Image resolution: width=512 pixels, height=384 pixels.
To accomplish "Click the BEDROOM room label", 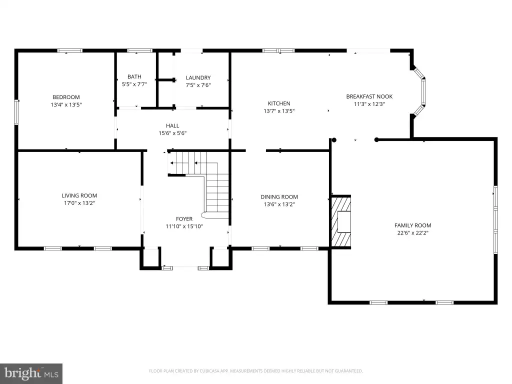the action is coord(66,97).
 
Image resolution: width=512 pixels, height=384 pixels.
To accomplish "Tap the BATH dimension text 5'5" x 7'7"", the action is coord(134,84).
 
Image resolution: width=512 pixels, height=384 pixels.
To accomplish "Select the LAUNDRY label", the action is coord(198,77).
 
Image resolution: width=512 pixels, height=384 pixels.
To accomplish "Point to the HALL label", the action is coord(172,125).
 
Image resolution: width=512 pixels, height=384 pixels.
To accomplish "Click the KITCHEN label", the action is coord(279,103).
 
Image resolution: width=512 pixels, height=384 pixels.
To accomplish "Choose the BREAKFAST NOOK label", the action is coord(369,96).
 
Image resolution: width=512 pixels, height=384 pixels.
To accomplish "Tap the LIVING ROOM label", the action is coord(79,195).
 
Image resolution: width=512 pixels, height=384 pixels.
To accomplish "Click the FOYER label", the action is coord(184,219).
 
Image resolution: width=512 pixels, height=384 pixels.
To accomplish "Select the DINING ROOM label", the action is coord(279,197).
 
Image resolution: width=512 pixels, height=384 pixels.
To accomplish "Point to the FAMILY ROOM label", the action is coord(412,225).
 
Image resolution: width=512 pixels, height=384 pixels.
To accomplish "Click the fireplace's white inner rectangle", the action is coord(344,221).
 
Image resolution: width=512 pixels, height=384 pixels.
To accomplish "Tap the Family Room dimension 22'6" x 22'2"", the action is coord(412,233).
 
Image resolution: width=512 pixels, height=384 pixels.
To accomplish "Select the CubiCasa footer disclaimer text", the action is coord(255,371).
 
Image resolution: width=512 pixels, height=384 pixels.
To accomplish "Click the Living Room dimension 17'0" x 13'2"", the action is coord(79,203).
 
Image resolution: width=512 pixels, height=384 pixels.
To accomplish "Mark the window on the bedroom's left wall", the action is coord(16,112).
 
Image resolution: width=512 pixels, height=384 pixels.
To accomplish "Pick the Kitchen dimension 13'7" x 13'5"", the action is coord(279,111).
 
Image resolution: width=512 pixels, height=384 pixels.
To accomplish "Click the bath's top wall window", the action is coord(140,50).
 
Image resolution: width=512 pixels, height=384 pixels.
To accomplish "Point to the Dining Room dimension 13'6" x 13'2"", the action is coord(279,204).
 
